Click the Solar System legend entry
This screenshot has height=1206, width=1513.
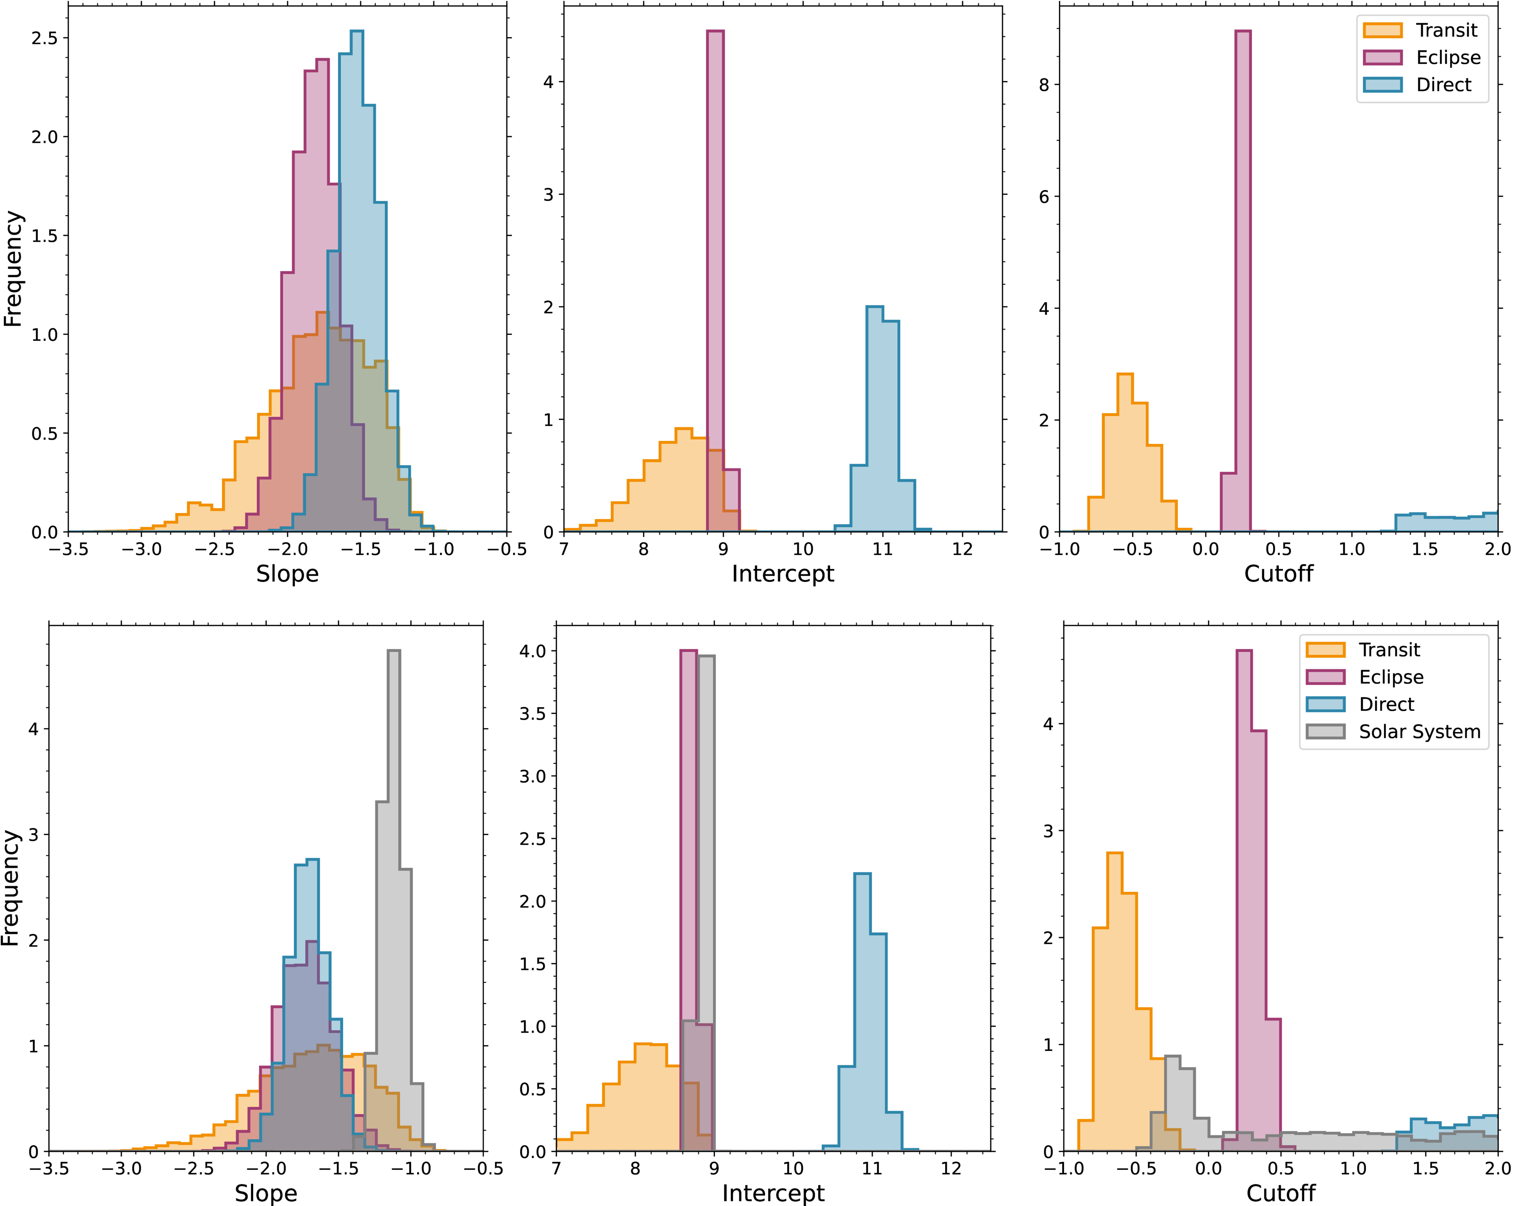pos(1419,732)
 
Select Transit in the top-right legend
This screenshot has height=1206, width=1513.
pos(1445,30)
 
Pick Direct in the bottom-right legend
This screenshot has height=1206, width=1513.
pos(1386,704)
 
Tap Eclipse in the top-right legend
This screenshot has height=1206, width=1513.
pos(1448,57)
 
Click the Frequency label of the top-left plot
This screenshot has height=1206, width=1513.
pos(12,269)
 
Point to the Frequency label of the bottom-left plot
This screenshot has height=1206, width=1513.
pos(10,888)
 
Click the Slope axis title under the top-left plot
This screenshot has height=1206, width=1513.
pos(287,574)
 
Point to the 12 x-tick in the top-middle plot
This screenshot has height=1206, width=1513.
pos(962,549)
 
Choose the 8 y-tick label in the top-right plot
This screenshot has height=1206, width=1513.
pos(1044,85)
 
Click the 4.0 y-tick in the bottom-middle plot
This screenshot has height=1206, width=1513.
pos(532,651)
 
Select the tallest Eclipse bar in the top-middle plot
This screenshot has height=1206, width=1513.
pos(715,281)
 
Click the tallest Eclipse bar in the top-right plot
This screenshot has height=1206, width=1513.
pos(1242,281)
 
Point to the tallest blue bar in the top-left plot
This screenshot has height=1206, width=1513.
pos(356,281)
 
